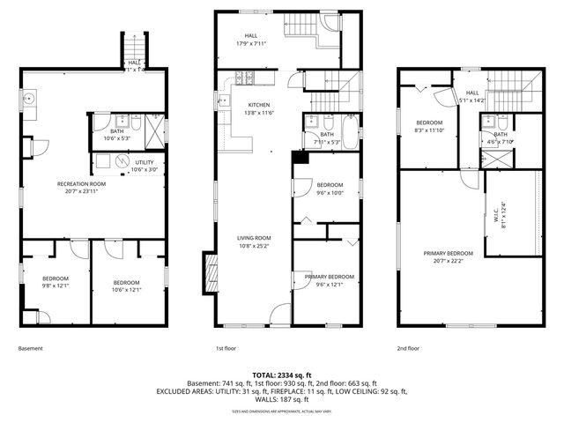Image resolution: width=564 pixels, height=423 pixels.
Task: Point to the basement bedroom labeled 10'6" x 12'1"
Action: [127, 286]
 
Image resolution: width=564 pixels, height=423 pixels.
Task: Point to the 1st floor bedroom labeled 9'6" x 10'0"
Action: [329, 190]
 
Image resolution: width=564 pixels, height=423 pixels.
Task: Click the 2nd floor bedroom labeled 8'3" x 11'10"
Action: [429, 125]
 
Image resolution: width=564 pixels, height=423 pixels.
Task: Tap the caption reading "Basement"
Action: [30, 348]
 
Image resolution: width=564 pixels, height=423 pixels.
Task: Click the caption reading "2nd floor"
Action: [408, 348]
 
